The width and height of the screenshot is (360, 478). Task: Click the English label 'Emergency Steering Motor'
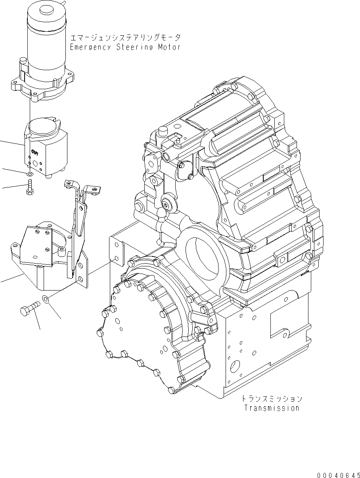point(125,47)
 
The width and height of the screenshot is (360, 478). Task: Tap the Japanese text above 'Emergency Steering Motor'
point(125,38)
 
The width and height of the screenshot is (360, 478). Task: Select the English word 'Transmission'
point(272,408)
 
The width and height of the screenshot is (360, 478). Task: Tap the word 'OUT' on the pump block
point(35,152)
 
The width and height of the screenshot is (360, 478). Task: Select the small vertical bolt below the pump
point(30,186)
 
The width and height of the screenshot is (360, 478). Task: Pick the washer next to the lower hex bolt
point(45,298)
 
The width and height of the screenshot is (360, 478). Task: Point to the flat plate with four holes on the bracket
point(37,244)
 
